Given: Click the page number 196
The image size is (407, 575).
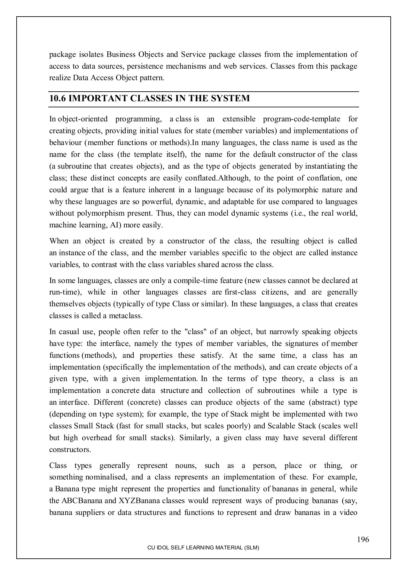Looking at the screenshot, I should (363, 540).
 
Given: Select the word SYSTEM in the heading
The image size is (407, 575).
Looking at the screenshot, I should (230, 98).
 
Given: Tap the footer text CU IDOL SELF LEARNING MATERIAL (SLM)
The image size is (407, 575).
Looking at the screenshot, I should (203, 548).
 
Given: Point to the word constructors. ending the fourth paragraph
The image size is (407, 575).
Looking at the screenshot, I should (70, 450).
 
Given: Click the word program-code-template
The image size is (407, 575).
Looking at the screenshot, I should (301, 119).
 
